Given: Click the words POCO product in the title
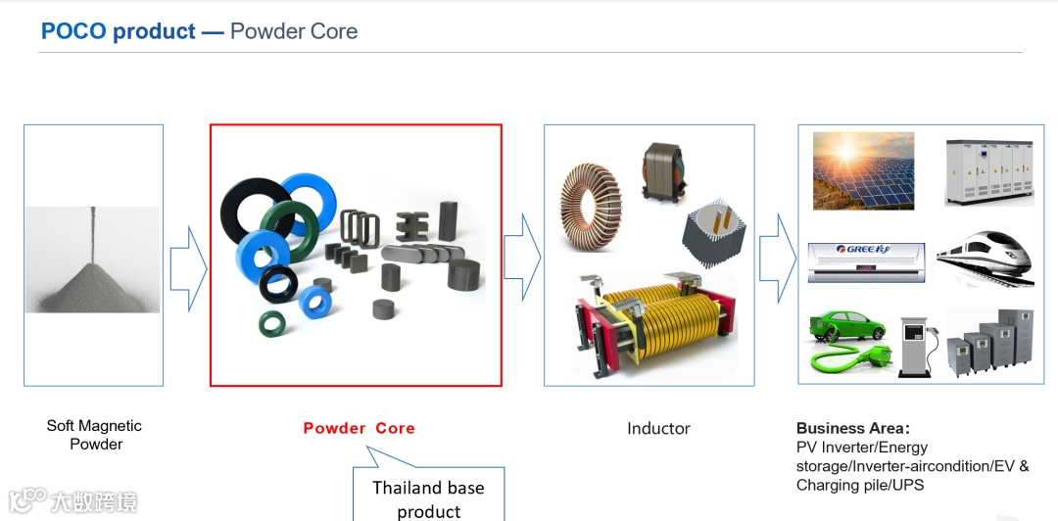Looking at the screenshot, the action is pyautogui.click(x=119, y=31).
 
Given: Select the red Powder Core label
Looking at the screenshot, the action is pyautogui.click(x=359, y=428).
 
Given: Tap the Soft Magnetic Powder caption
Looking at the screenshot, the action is pyautogui.click(x=94, y=435).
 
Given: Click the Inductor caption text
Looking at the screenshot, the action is pyautogui.click(x=658, y=428).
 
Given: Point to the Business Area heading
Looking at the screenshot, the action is pyautogui.click(x=852, y=428).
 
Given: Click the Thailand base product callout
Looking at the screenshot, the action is pyautogui.click(x=428, y=498).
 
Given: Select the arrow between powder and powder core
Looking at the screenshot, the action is pyautogui.click(x=187, y=266).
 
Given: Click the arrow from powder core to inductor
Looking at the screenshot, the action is pyautogui.click(x=522, y=257).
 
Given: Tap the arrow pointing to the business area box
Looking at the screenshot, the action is pyautogui.click(x=778, y=257).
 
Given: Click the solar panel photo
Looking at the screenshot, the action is pyautogui.click(x=863, y=171).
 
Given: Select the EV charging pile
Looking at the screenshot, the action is pyautogui.click(x=915, y=344).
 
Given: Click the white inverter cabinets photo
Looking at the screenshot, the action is pyautogui.click(x=988, y=171).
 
